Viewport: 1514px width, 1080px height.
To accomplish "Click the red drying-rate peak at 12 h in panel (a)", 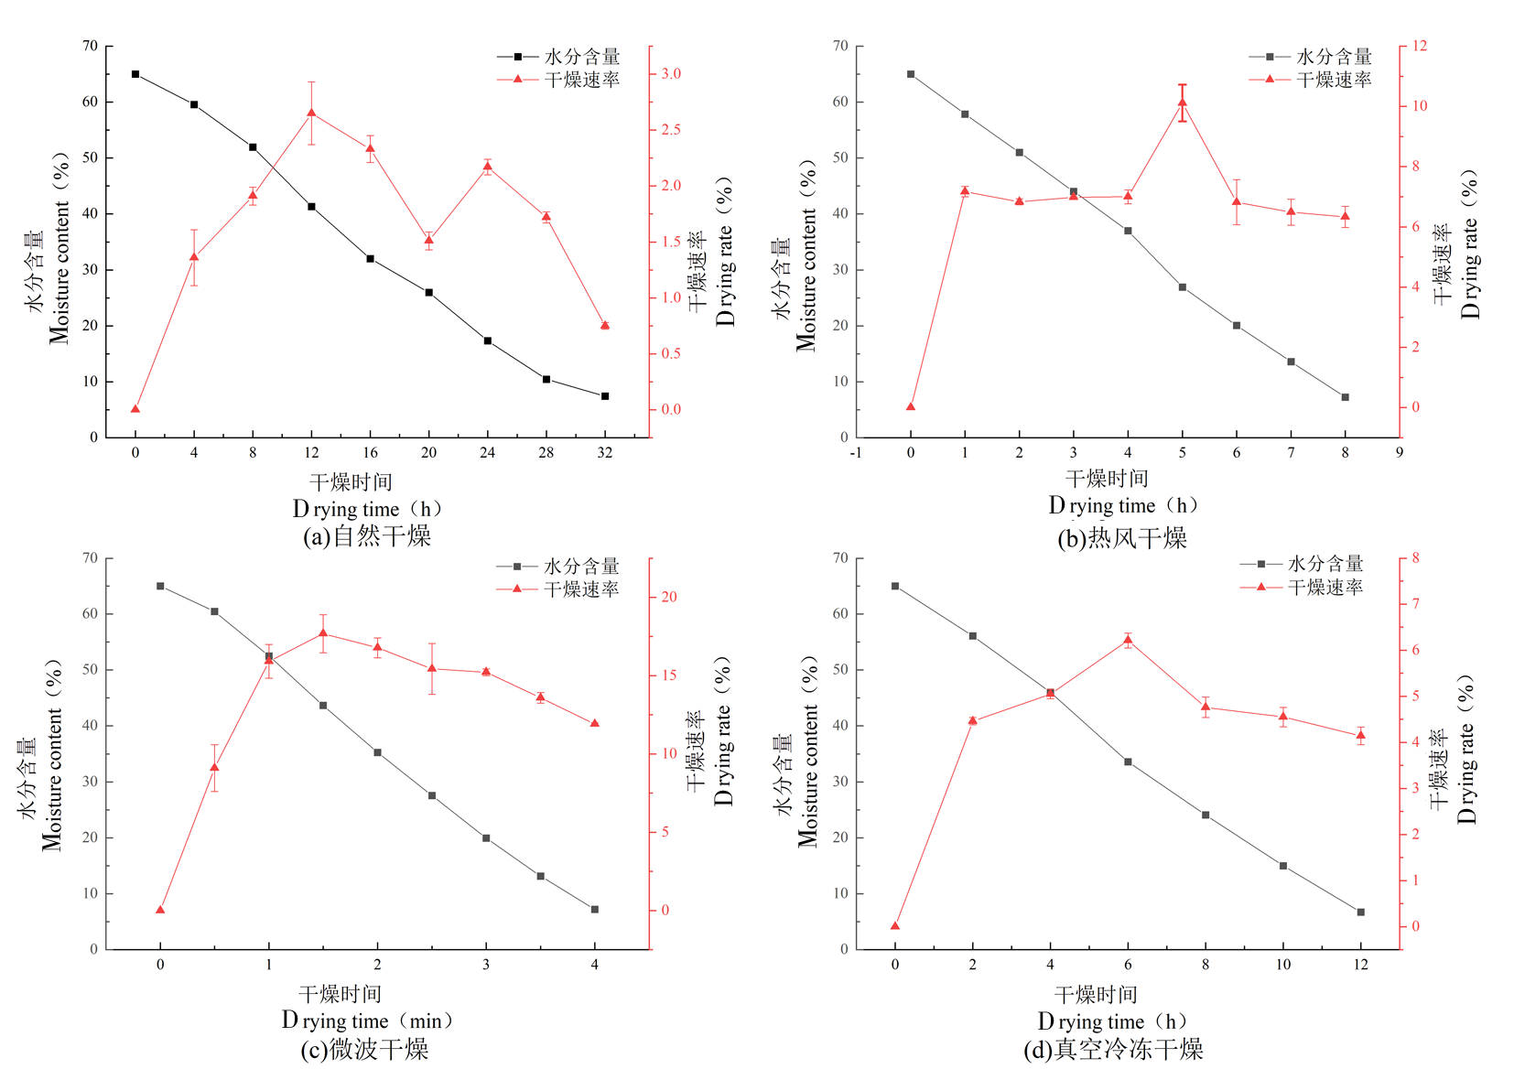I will click(x=311, y=113).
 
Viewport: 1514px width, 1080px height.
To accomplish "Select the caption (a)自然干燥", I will click(x=366, y=536).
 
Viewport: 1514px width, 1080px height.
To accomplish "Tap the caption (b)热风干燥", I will click(x=1121, y=538).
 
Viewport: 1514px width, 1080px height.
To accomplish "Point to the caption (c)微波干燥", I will click(x=364, y=1049).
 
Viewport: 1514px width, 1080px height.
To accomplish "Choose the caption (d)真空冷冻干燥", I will click(x=1112, y=1049).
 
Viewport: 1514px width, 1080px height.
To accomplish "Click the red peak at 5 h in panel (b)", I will click(x=1182, y=103).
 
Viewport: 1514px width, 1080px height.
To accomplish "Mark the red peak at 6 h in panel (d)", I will click(x=1128, y=641).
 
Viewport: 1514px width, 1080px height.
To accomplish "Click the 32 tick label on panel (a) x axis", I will click(x=604, y=452).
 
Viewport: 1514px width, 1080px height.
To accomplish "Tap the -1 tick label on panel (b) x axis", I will click(x=855, y=452).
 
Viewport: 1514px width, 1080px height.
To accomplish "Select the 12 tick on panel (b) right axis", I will click(x=1420, y=46).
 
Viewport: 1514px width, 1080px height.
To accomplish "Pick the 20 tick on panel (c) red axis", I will click(x=670, y=597).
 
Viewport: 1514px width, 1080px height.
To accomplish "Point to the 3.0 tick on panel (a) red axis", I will click(x=671, y=73).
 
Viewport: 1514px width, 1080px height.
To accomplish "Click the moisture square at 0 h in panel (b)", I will click(x=911, y=74).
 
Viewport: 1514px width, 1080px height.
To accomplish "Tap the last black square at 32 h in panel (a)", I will click(x=604, y=396).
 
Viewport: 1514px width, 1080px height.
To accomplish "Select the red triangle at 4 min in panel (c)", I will click(x=595, y=723).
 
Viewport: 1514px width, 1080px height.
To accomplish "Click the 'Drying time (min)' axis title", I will click(x=366, y=1021).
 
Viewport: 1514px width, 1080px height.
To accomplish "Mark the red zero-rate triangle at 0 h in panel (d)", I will click(x=895, y=926).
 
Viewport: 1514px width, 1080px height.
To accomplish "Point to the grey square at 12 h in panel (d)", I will click(x=1360, y=912).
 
